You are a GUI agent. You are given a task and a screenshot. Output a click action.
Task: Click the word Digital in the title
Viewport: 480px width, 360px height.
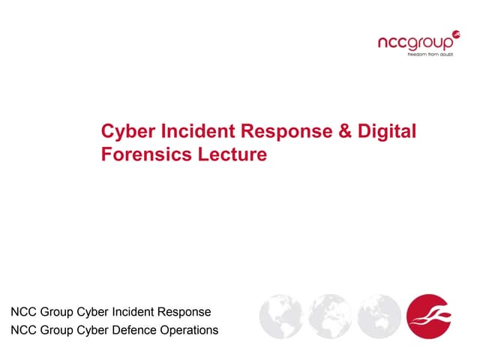point(386,132)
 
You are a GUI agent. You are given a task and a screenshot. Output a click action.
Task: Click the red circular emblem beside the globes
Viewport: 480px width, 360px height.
point(428,316)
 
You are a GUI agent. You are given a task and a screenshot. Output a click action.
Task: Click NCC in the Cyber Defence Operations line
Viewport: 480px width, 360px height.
point(23,330)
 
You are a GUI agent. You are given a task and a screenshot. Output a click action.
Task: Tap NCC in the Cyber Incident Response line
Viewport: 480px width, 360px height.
point(23,311)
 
